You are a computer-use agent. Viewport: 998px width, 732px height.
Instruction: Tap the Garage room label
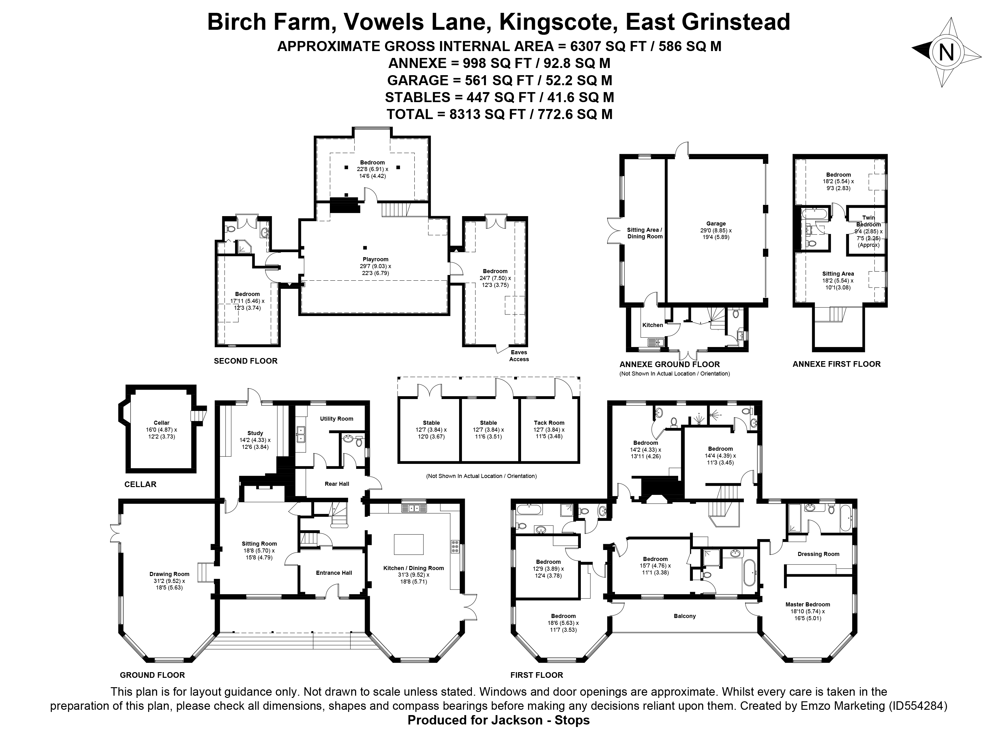pyautogui.click(x=715, y=224)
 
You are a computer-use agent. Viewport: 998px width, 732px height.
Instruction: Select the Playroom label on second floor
pyautogui.click(x=376, y=259)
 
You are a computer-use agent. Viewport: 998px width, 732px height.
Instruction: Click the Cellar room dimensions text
pyautogui.click(x=161, y=433)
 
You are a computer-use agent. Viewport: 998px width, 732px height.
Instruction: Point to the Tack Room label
pyautogui.click(x=549, y=423)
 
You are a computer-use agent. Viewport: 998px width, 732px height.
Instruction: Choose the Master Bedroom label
pyautogui.click(x=808, y=605)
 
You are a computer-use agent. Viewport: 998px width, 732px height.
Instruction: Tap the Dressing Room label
pyautogui.click(x=818, y=554)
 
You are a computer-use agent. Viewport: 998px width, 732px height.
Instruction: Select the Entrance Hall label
pyautogui.click(x=334, y=573)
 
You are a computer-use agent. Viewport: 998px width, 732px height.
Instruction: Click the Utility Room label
pyautogui.click(x=336, y=418)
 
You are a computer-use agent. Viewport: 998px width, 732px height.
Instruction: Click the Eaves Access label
pyautogui.click(x=519, y=356)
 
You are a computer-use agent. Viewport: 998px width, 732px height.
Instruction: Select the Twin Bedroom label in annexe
pyautogui.click(x=868, y=221)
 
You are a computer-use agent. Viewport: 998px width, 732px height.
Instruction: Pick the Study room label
pyautogui.click(x=255, y=433)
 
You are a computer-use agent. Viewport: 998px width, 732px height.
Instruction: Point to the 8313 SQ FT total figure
pyautogui.click(x=487, y=114)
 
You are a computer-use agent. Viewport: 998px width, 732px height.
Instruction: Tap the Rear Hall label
pyautogui.click(x=337, y=484)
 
